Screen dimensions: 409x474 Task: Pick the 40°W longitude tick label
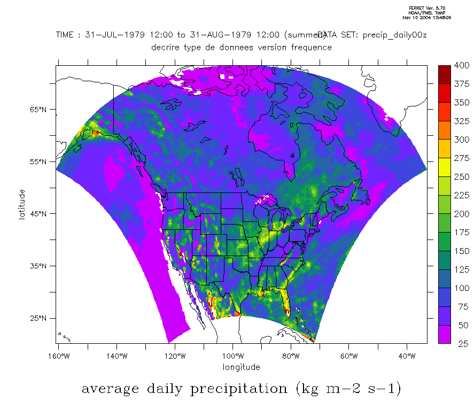(407, 356)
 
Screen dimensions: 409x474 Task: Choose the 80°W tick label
(291, 356)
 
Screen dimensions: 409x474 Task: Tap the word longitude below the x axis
(242, 367)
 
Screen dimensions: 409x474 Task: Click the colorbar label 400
(461, 66)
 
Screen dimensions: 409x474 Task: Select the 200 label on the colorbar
(461, 214)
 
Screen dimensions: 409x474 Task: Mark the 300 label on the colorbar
(461, 140)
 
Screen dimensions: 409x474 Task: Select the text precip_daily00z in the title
(395, 35)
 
